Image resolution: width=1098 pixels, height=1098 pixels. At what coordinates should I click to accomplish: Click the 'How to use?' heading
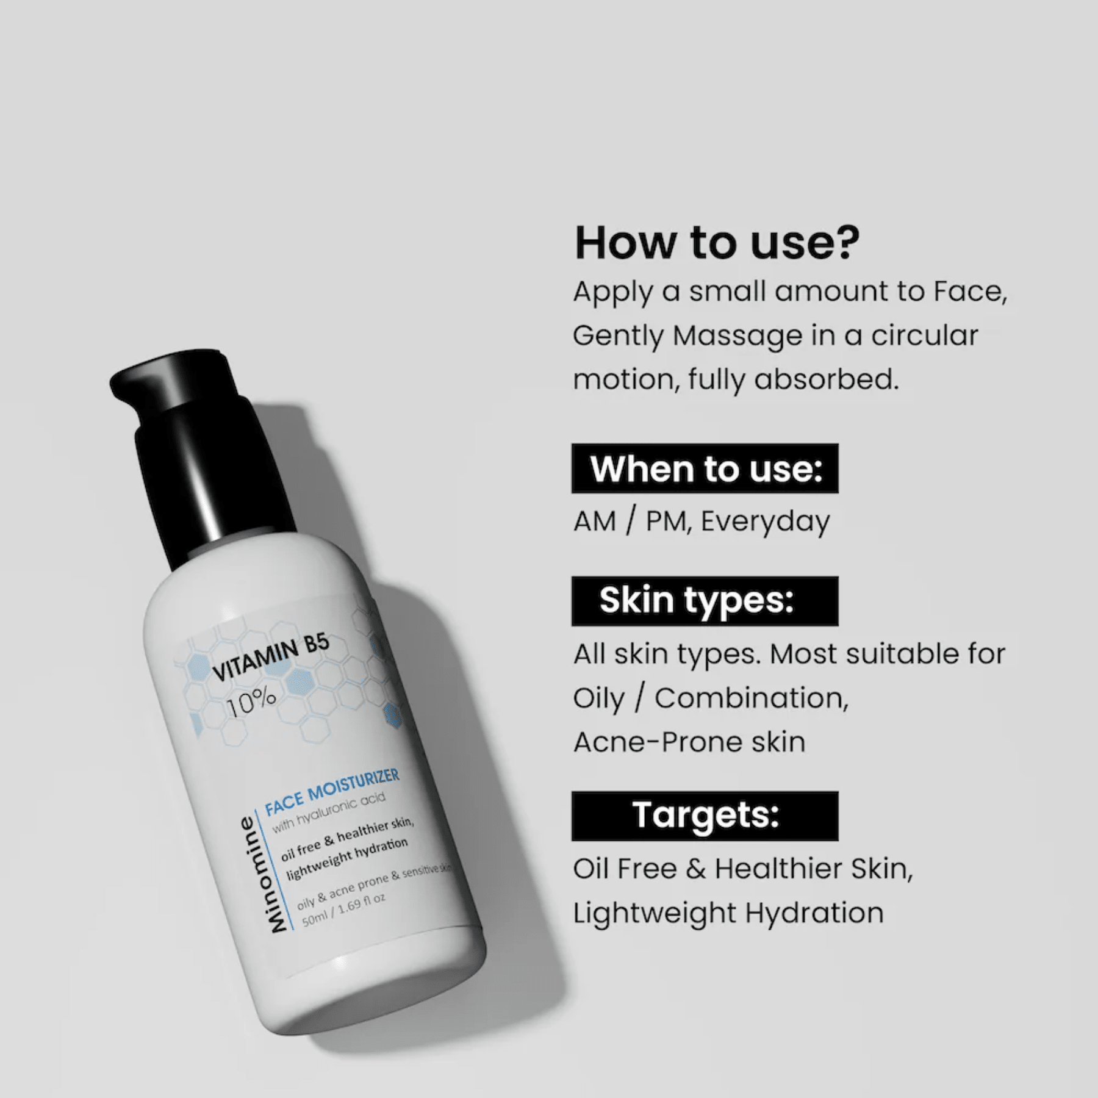pyautogui.click(x=717, y=243)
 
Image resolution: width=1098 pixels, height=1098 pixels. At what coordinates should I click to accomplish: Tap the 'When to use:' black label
pyautogui.click(x=705, y=468)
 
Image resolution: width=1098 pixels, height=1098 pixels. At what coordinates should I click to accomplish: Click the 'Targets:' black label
pyautogui.click(x=705, y=816)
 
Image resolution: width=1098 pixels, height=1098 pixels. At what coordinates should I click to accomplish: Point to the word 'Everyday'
pyautogui.click(x=765, y=522)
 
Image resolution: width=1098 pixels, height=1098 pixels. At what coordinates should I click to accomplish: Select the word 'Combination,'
pyautogui.click(x=752, y=698)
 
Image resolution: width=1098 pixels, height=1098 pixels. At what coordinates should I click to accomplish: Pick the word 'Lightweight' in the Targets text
pyautogui.click(x=655, y=913)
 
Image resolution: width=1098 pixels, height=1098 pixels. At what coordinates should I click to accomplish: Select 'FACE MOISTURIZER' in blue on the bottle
pyautogui.click(x=332, y=791)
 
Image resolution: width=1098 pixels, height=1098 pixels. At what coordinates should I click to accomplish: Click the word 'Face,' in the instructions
pyautogui.click(x=970, y=291)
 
